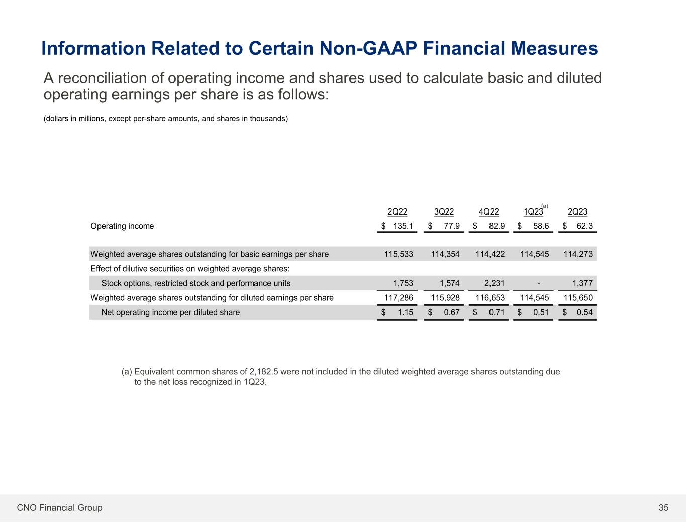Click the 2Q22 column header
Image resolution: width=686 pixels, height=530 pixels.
point(398,212)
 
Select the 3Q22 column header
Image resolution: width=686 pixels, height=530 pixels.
point(444,212)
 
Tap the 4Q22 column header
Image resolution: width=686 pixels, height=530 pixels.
point(489,212)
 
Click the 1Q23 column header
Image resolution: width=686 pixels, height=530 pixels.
point(533,212)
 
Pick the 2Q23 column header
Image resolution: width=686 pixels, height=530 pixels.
point(577,212)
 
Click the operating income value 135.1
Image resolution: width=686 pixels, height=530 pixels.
point(403,226)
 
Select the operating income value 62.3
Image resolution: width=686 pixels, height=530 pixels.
point(584,226)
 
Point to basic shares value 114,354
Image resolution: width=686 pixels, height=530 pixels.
point(445,254)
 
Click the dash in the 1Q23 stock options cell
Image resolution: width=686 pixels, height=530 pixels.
point(539,283)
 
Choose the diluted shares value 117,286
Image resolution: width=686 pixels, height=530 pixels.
point(399,298)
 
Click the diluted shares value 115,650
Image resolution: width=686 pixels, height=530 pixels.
point(578,298)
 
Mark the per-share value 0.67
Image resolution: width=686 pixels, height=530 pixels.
point(452,312)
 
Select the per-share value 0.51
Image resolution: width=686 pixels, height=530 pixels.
point(541,312)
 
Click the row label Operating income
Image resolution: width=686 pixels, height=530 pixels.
point(122,226)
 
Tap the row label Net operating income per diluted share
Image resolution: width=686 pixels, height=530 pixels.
point(170,312)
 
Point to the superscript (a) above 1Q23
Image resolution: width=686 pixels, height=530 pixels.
point(545,206)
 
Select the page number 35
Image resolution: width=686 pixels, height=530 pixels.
point(664,508)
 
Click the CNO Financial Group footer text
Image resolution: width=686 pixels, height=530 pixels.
point(59,508)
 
